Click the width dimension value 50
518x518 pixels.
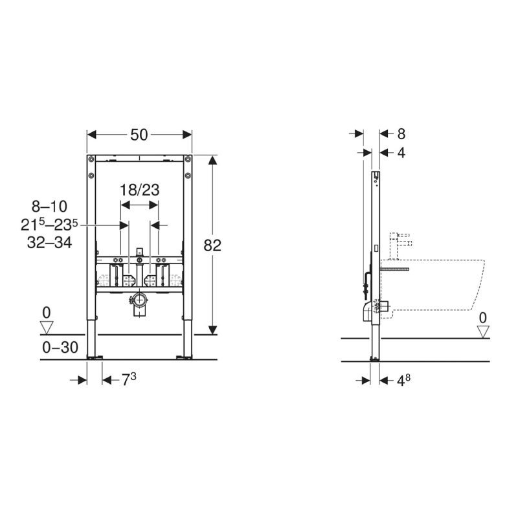point(139,135)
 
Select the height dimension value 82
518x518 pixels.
point(212,245)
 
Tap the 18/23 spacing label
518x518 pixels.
point(139,190)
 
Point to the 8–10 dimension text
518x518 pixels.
point(50,207)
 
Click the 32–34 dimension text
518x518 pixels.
point(50,243)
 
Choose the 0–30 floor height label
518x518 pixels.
point(60,347)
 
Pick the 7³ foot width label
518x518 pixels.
point(129,379)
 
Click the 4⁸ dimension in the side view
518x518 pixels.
point(403,380)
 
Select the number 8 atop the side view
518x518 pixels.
point(401,134)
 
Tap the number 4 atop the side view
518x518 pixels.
point(401,153)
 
